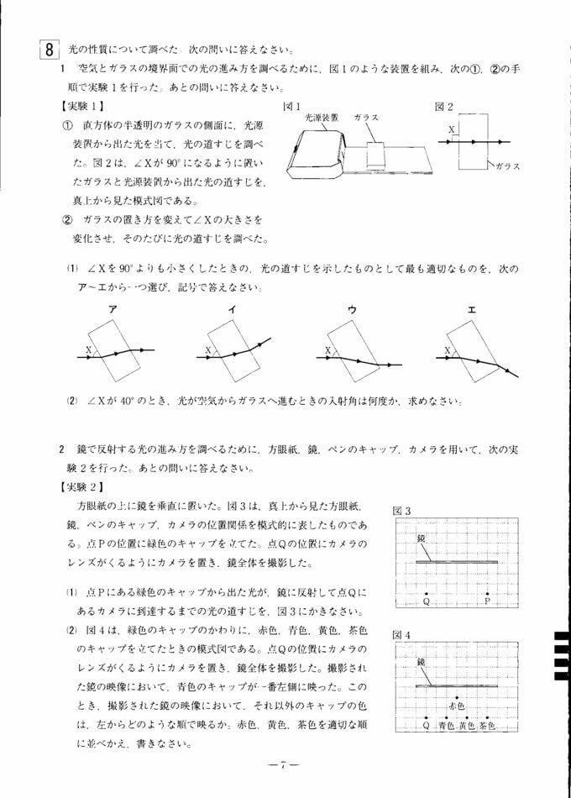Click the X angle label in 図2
(451, 131)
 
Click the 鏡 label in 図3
(422, 538)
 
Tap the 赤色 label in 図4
(458, 707)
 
